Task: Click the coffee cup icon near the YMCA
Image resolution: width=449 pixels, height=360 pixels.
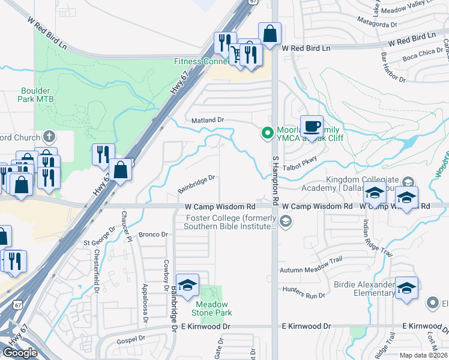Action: pyautogui.click(x=312, y=127)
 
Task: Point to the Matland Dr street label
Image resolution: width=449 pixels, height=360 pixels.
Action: pyautogui.click(x=207, y=120)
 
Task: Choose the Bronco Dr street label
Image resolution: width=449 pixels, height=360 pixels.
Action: pyautogui.click(x=153, y=234)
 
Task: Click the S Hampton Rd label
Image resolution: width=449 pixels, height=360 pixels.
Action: pyautogui.click(x=277, y=180)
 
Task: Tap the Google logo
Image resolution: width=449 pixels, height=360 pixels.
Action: pyautogui.click(x=20, y=352)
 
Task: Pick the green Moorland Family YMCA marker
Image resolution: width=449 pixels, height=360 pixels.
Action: pyautogui.click(x=264, y=133)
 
